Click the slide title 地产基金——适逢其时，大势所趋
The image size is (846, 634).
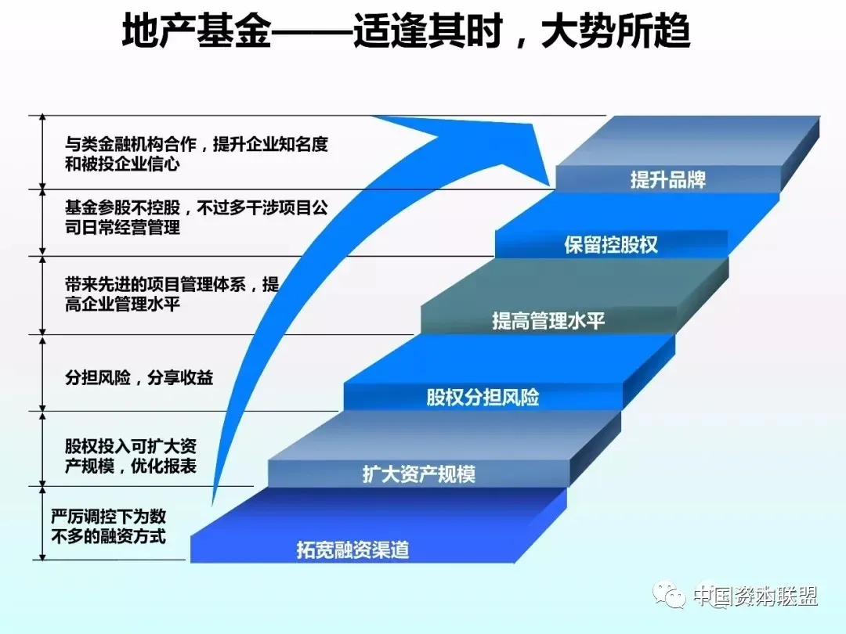point(406,31)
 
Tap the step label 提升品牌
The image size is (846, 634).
point(668,179)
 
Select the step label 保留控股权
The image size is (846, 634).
point(611,245)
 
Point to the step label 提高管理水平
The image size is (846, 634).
point(548,321)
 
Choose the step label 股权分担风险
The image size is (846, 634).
point(483,398)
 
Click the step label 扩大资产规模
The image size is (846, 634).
point(418,474)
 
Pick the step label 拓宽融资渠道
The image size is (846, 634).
point(352,550)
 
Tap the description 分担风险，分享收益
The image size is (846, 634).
point(139,377)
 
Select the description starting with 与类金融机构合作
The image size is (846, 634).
point(197,153)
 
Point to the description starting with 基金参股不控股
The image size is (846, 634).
point(197,217)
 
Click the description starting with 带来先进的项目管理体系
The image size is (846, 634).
point(172,294)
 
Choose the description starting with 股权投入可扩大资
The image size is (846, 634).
point(131,456)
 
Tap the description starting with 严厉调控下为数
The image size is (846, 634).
point(108,526)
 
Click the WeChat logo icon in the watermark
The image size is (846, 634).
point(669,595)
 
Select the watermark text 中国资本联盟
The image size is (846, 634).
point(755,596)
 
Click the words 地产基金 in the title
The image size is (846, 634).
point(195,31)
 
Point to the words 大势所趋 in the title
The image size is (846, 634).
point(616,31)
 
